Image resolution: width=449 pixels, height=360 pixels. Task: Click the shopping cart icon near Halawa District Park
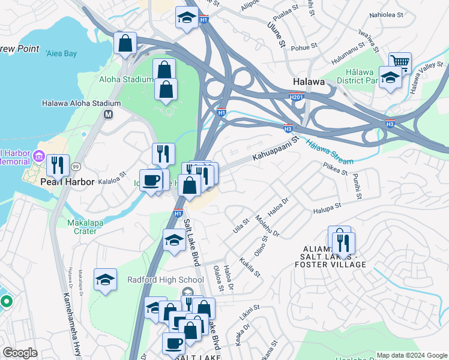(x=399, y=62)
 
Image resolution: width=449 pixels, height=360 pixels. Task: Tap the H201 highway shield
(x=295, y=97)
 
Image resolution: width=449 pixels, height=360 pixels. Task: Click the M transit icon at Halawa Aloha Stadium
(x=109, y=114)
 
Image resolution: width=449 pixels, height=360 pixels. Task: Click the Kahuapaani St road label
(x=275, y=149)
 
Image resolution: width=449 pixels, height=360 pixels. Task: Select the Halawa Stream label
(x=327, y=151)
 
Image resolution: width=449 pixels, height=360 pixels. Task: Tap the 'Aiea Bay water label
(x=61, y=53)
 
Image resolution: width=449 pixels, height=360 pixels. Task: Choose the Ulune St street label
(x=276, y=32)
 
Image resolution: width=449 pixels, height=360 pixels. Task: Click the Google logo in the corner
(x=20, y=353)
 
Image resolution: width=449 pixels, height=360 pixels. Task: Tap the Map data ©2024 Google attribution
(x=411, y=355)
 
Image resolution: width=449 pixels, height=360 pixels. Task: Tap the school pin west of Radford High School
(x=105, y=280)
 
